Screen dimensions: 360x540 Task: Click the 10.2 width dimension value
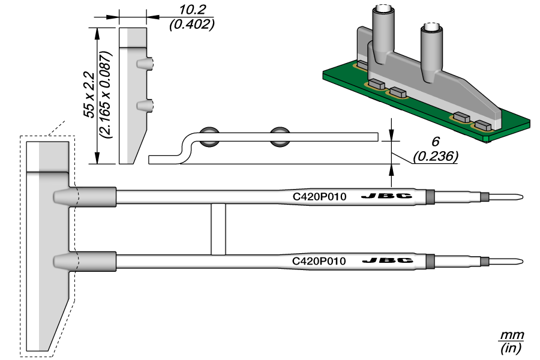[191, 10]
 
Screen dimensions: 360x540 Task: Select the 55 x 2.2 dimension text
[88, 94]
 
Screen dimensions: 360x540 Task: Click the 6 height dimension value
[436, 143]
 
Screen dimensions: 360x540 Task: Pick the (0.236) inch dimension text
[436, 157]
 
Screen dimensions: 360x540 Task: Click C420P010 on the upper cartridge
[319, 196]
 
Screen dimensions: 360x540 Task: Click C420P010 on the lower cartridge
[319, 261]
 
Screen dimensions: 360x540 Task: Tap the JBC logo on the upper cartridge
[387, 196]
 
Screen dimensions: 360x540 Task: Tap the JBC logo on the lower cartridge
[387, 261]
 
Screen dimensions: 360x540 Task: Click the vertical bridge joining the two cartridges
[218, 229]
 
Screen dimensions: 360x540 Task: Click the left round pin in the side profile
[210, 137]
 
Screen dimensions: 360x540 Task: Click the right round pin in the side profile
[279, 137]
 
